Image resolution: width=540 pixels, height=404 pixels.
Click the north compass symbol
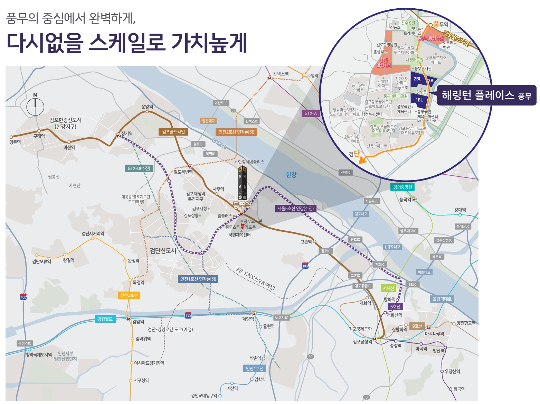[35, 106]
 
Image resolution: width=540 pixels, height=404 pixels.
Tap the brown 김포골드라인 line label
[173, 132]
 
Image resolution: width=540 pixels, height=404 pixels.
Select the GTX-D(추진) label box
[139, 168]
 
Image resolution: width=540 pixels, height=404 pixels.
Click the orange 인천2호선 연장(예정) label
[236, 132]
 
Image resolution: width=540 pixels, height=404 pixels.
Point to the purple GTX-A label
[310, 113]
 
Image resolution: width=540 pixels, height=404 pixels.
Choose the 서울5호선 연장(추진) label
[295, 208]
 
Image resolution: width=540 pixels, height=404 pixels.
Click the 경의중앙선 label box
[402, 187]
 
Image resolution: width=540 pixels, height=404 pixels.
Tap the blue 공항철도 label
[105, 319]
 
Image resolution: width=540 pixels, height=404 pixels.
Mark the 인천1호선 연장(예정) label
[198, 279]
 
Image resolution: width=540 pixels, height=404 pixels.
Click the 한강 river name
[291, 175]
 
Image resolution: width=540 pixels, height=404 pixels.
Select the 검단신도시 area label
[163, 251]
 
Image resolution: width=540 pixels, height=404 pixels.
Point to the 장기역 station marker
[117, 135]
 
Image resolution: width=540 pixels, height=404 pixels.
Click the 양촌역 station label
[15, 142]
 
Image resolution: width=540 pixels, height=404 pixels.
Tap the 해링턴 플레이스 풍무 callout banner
[486, 95]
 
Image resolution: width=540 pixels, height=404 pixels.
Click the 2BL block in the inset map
[418, 79]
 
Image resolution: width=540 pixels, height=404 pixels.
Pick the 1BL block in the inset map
[419, 100]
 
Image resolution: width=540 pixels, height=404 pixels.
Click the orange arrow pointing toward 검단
[362, 160]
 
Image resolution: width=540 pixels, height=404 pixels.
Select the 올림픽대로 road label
[442, 299]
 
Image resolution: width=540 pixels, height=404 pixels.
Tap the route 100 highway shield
[305, 266]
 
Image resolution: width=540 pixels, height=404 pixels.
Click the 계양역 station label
[248, 319]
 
